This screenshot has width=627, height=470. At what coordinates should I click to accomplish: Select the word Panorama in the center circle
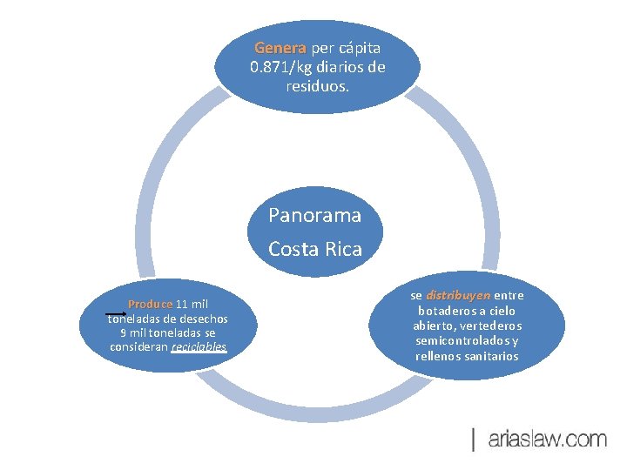[x=314, y=214]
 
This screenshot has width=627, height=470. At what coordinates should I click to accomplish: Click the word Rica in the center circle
[x=342, y=249]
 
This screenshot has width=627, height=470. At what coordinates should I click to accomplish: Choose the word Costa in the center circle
[x=293, y=249]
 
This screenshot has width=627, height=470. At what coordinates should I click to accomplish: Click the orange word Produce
[x=150, y=305]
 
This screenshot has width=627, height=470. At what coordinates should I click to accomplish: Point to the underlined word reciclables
[x=199, y=347]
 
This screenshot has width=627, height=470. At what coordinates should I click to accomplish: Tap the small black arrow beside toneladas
[x=115, y=312]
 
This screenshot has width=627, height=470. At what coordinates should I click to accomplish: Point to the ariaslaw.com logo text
[x=547, y=440]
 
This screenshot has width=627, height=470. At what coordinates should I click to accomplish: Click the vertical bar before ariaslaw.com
[x=474, y=440]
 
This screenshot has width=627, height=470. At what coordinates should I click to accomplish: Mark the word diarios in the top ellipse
[x=344, y=67]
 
